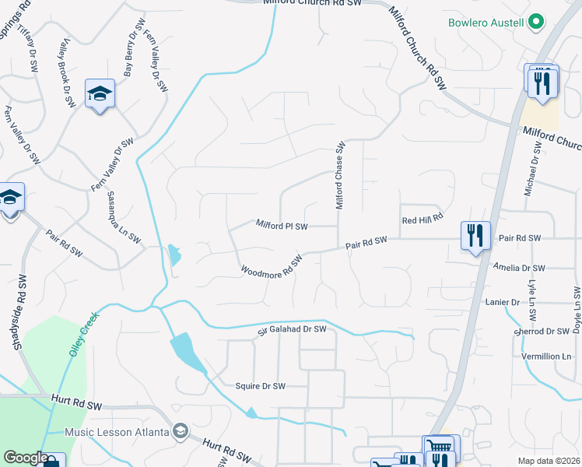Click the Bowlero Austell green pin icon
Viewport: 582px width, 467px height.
[536, 23]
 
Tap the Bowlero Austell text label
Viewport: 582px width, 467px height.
[486, 23]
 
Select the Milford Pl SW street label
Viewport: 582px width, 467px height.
[282, 226]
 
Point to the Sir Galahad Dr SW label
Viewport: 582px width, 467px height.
[292, 331]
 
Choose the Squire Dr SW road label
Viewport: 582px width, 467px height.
[261, 385]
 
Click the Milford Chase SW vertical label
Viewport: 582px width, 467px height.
[340, 175]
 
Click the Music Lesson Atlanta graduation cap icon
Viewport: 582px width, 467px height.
[181, 431]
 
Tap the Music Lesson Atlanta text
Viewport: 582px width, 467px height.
[117, 432]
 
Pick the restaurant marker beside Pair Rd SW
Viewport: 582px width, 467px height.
[475, 235]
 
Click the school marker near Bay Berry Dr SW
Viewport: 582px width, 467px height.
[100, 94]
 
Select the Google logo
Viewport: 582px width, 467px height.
[26, 458]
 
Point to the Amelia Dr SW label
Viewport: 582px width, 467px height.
[519, 267]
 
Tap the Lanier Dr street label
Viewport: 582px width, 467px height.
[502, 301]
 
